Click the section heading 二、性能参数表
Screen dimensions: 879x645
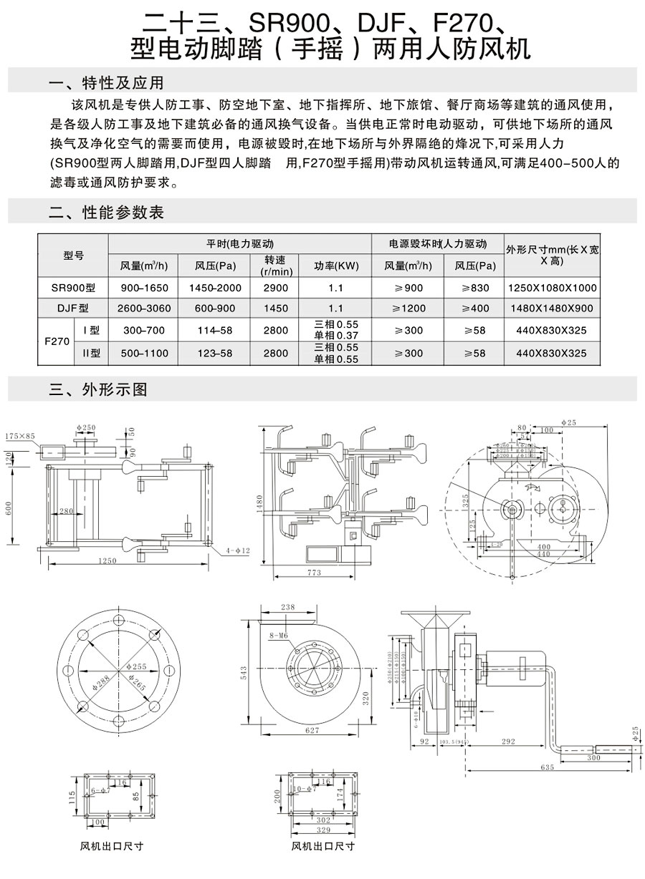106,213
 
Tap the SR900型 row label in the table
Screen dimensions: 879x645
73,288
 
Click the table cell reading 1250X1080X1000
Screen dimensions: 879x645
552,288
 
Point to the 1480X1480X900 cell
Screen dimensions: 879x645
552,309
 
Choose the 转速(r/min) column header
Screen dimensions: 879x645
276,266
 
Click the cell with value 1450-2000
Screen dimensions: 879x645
216,288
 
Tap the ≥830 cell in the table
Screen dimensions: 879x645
475,288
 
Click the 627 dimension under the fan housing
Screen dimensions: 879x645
312,729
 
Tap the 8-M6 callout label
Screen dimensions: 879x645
278,635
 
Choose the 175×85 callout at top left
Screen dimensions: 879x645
20,436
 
